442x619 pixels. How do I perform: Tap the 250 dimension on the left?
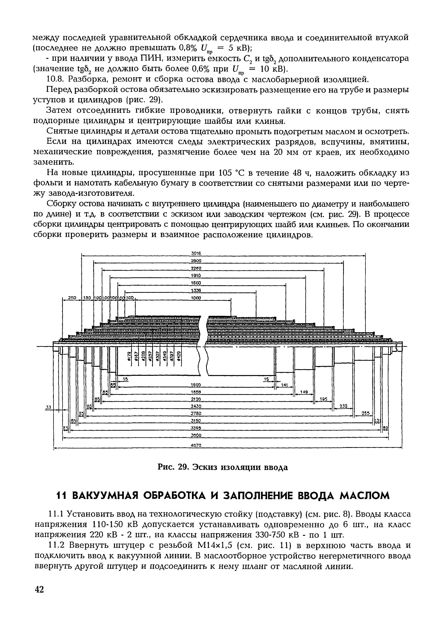tap(72, 298)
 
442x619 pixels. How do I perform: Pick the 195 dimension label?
tap(323, 399)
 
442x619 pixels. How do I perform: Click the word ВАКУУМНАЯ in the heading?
tap(101, 496)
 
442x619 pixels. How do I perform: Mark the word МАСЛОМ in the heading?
tap(364, 496)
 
